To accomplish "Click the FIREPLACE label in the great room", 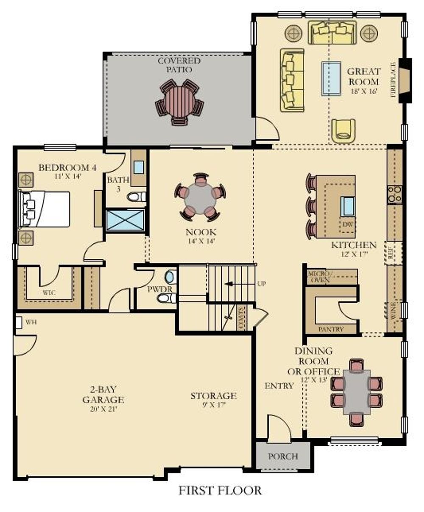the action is tap(393, 80).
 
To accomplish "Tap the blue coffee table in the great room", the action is tap(332, 78).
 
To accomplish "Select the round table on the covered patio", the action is tap(180, 102).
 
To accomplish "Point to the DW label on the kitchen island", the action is tap(347, 224).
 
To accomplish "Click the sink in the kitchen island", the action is tap(348, 206).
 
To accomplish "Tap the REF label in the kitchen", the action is tap(392, 253).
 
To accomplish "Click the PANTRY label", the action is tap(331, 329).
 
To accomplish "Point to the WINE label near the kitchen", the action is tap(393, 311).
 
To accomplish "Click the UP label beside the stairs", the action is tap(261, 284).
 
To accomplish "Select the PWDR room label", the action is tap(160, 289).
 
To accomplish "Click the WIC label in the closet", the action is tap(49, 293).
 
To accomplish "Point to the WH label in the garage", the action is tap(31, 322).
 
